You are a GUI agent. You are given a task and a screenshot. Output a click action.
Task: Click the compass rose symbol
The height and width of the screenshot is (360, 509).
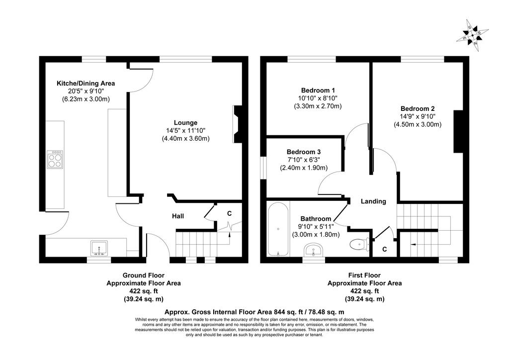[x=472, y=36]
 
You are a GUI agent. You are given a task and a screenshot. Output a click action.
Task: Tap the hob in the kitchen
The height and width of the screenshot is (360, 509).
[x=55, y=160]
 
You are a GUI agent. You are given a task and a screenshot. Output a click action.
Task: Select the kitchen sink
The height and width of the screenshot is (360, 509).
[x=99, y=248]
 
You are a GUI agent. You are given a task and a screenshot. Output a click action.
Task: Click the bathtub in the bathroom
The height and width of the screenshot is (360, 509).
[x=278, y=229]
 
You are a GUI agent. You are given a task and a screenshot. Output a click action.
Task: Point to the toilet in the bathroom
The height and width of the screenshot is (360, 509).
[x=359, y=244]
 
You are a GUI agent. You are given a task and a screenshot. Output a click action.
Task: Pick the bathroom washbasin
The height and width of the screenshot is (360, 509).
[x=314, y=251]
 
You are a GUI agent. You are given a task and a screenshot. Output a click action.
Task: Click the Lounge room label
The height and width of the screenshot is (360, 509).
[x=186, y=123]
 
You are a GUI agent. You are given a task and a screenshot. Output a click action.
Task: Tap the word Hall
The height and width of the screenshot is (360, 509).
[x=178, y=216]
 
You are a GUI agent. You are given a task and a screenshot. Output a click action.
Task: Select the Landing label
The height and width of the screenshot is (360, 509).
[x=373, y=201]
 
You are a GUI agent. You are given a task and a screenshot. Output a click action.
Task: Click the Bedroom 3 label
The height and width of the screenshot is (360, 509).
[x=304, y=152]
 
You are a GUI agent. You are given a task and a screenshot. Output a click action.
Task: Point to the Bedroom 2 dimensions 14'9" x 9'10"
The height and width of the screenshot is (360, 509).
[x=418, y=116]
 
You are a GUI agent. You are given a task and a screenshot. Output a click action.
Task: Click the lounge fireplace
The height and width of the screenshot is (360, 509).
[x=238, y=124]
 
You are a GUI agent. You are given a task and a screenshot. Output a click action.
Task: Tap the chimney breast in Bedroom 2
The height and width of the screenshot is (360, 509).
[x=458, y=131]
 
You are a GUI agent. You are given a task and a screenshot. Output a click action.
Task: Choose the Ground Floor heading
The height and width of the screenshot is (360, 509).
[x=144, y=275]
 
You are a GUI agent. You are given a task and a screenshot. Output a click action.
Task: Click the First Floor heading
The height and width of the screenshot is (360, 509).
[x=364, y=275]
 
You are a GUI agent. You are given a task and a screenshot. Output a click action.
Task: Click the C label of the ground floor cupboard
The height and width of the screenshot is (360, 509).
[x=229, y=214]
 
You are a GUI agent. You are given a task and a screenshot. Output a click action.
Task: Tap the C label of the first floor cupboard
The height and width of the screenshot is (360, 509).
[x=385, y=249]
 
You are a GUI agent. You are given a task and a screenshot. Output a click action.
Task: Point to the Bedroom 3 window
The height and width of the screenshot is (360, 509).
[x=263, y=168]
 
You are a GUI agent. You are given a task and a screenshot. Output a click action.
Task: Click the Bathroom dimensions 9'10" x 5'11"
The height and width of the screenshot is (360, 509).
[x=316, y=227]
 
